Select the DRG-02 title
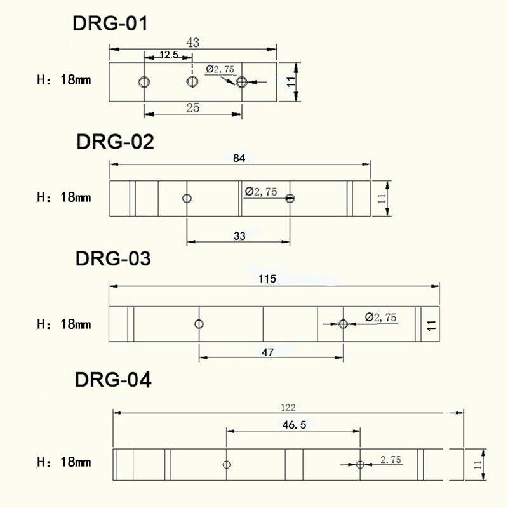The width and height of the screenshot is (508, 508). coord(116,141)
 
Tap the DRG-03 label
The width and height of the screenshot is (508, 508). coord(113,259)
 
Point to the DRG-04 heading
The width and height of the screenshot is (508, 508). coord(113,380)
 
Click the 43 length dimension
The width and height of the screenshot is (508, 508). coord(193,43)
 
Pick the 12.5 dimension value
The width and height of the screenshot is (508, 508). coord(168,55)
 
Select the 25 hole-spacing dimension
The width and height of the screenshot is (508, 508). coord(193,108)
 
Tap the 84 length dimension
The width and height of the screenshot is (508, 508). coord(239,158)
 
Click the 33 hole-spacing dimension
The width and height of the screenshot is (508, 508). coord(239,236)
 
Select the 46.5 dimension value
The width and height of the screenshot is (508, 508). coord(293,425)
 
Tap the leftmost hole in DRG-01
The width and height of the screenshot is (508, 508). coord(145,81)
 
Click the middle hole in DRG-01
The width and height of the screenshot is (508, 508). coord(192,81)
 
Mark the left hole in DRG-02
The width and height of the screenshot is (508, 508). coord(187,198)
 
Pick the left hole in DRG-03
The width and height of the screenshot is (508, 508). coord(199,324)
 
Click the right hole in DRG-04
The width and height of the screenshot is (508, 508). coord(360,465)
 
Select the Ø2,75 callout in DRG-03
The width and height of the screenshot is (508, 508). coord(381,317)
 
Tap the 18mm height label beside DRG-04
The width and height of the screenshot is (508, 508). coord(76,462)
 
